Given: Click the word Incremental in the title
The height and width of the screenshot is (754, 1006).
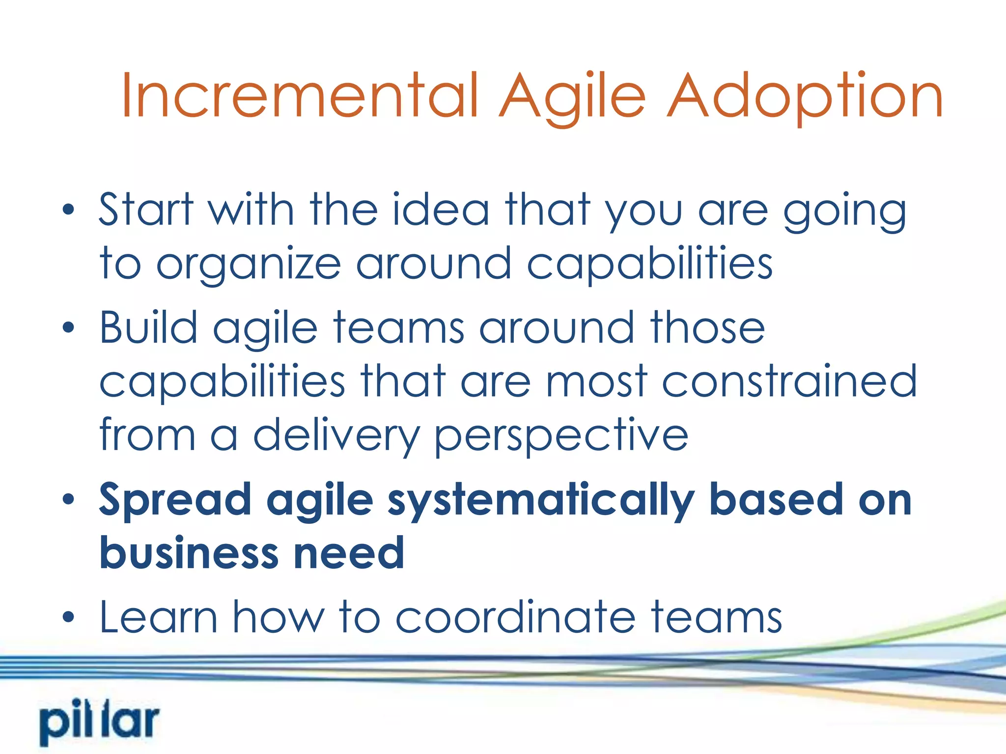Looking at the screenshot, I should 300,96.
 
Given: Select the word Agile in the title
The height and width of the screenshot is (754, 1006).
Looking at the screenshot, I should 572,96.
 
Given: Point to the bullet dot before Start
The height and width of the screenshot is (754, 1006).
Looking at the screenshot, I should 68,211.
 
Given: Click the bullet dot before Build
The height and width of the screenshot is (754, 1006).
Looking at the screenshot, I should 68,328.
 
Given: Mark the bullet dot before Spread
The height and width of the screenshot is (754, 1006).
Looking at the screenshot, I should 68,500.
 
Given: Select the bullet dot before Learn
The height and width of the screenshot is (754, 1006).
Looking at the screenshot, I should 68,618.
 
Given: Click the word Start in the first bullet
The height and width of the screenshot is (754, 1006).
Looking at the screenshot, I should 146,210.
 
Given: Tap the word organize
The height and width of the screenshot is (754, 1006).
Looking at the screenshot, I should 248,265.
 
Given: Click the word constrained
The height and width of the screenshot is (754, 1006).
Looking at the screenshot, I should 789,381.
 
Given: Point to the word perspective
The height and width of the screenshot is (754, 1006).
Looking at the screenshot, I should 561,436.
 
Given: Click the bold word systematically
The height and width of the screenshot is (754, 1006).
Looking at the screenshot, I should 541,501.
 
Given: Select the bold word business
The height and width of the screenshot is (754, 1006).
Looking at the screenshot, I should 189,553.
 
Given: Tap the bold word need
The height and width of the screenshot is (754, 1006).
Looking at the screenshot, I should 348,553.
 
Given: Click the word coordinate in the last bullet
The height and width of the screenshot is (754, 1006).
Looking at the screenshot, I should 515,617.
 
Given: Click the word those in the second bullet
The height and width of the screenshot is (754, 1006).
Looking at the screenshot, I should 707,327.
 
